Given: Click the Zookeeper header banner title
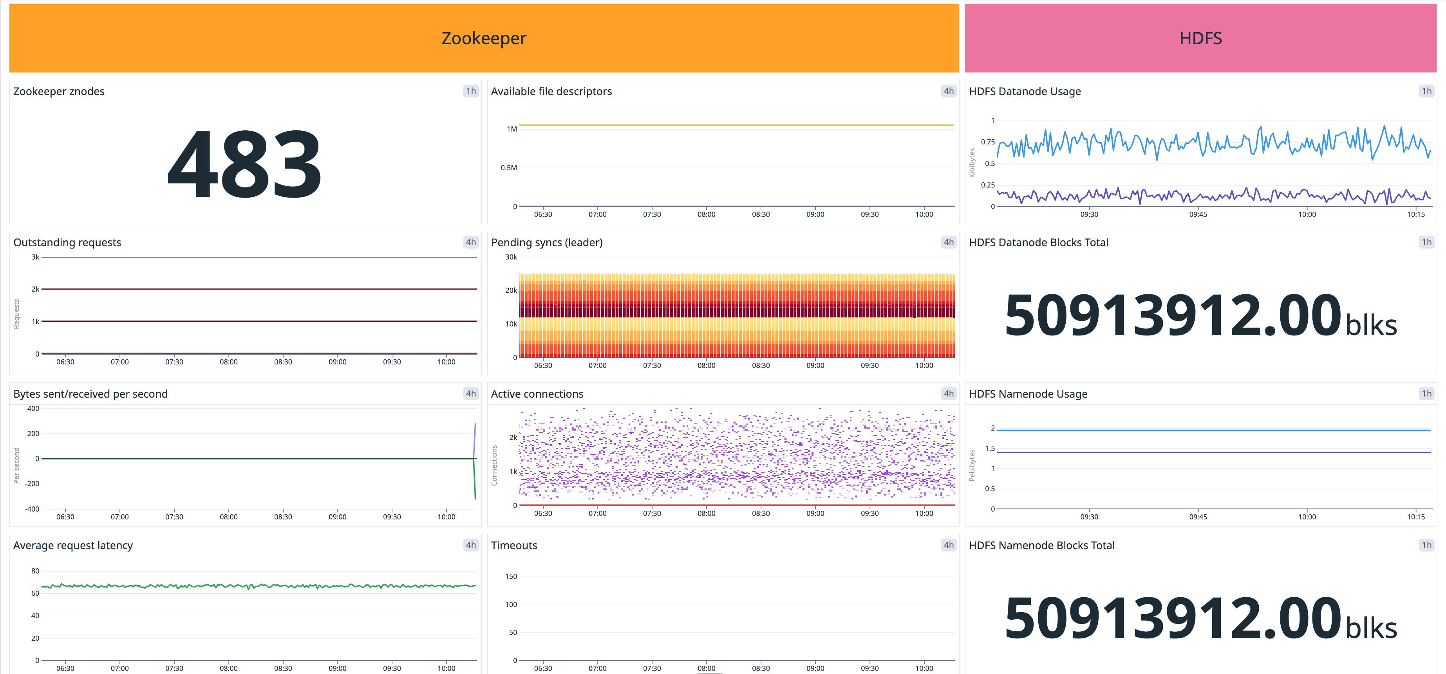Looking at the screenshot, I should click(x=483, y=38).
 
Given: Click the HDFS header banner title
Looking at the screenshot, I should click(x=1200, y=38).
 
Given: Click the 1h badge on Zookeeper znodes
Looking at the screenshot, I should click(x=470, y=91).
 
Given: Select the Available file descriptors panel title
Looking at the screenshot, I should click(x=551, y=92).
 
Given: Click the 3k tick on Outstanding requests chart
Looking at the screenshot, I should click(x=35, y=257).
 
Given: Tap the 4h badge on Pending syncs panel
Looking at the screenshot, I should click(x=948, y=242).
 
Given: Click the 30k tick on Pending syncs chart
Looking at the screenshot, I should click(x=511, y=257).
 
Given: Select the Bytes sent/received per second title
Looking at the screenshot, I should click(x=90, y=394).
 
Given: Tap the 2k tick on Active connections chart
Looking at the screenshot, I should click(x=513, y=437).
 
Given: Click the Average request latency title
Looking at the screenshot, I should click(x=73, y=546).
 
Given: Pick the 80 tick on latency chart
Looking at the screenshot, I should click(x=35, y=571).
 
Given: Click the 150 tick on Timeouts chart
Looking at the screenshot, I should click(x=511, y=577).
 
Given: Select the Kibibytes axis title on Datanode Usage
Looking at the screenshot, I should click(x=972, y=163).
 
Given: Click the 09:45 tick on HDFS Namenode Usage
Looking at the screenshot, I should click(x=1198, y=517).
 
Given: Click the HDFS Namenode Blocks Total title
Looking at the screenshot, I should click(x=1041, y=546).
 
